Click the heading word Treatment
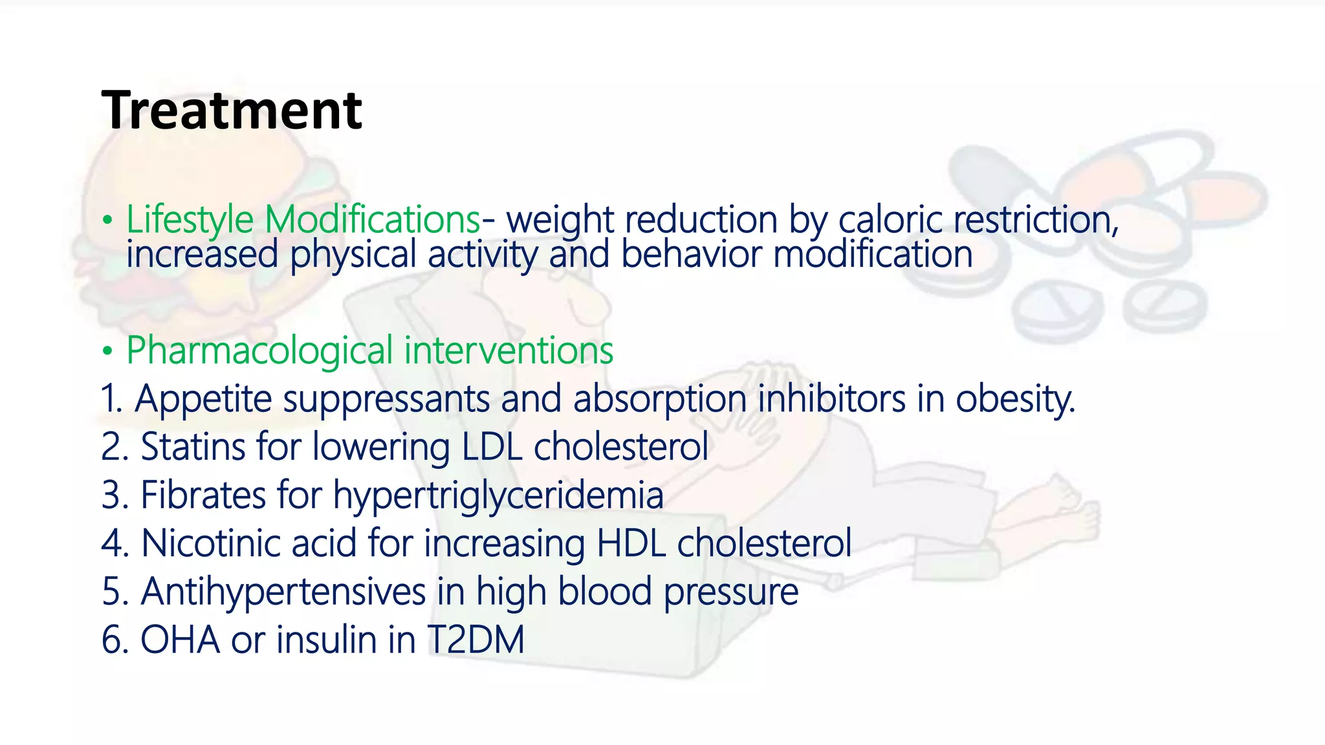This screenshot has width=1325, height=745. click(232, 111)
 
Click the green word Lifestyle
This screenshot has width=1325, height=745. click(189, 220)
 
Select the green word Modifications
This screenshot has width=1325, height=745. click(373, 220)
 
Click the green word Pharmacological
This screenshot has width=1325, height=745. click(259, 351)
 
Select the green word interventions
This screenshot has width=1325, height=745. click(509, 351)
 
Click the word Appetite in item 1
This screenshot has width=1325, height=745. click(203, 399)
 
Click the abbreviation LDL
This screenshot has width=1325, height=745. click(492, 447)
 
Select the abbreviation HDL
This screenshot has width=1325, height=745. click(631, 543)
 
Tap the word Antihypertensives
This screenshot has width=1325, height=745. click(283, 592)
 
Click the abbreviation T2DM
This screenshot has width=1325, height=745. click(476, 640)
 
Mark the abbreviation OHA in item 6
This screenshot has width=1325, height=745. click(180, 640)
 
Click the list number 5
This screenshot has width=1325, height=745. click(111, 592)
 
